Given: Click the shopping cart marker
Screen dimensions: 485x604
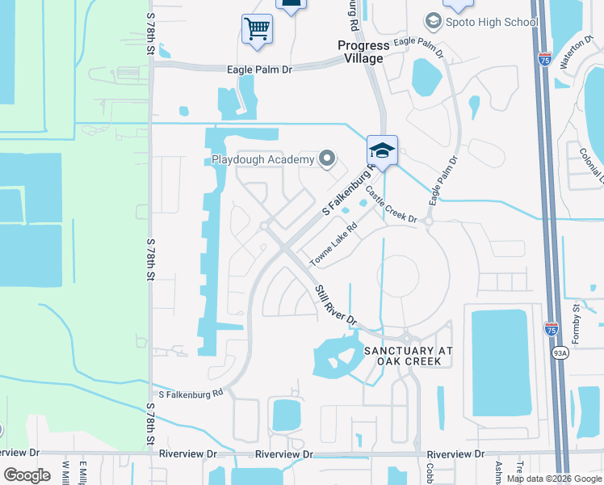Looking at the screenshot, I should (x=257, y=30).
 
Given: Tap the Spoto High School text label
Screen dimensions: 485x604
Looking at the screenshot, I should (x=492, y=22).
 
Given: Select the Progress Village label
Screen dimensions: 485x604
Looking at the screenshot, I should (x=363, y=52).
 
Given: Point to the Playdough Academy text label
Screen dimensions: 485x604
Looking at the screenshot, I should (x=262, y=159).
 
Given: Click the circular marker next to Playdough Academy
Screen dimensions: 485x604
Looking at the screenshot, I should (x=327, y=158).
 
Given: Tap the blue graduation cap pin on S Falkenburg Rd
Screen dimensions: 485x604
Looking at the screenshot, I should (x=382, y=150).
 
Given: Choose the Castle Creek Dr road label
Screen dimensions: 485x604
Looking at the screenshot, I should (x=391, y=205).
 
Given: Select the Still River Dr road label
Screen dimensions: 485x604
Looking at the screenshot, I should (x=335, y=305).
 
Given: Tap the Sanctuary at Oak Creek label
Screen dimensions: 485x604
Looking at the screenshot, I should (x=408, y=356).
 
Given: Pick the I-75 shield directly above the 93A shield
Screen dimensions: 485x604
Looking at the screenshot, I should (x=551, y=328).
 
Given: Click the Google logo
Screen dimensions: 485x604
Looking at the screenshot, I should (x=27, y=475).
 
